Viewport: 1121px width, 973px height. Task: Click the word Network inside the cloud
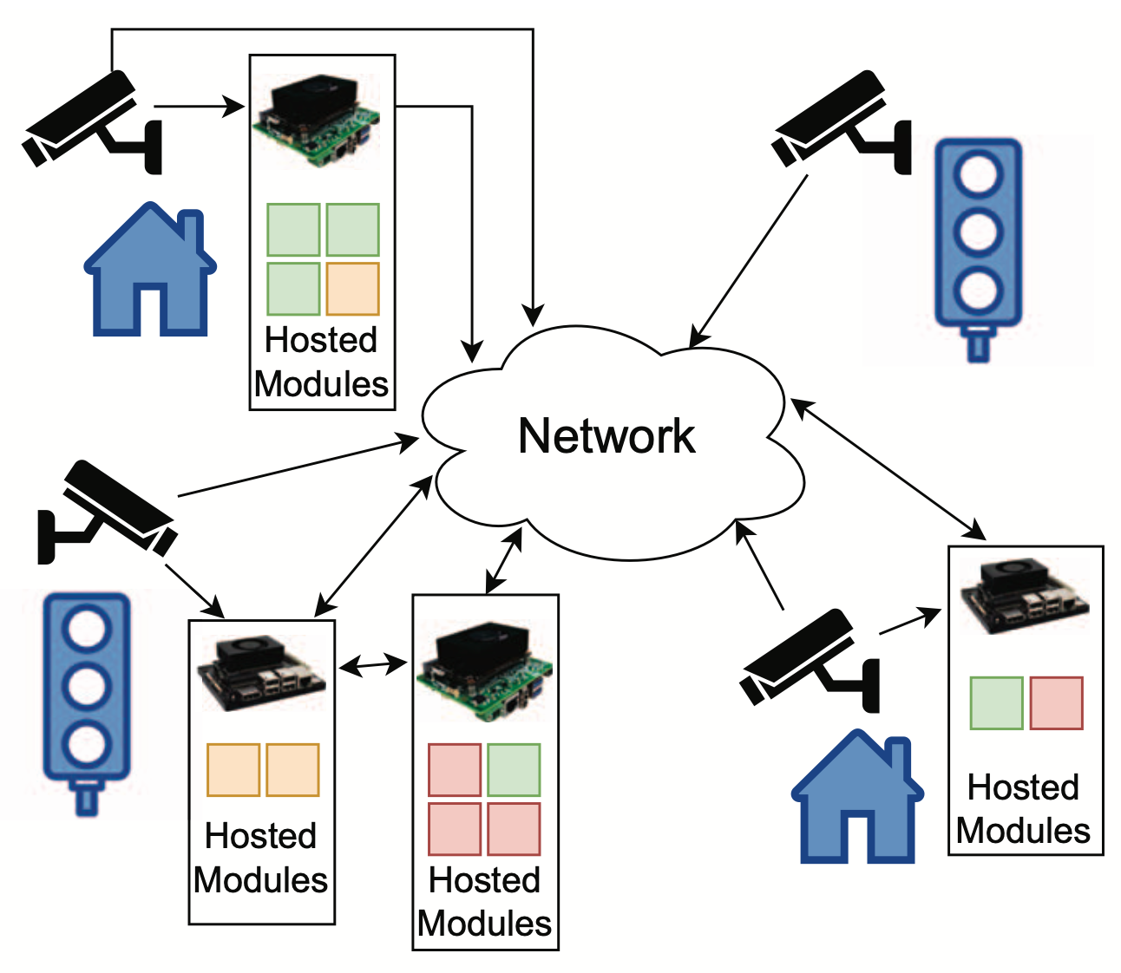[606, 435]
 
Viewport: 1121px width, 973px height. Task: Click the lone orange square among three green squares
[352, 289]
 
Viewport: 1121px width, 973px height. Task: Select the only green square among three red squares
[514, 769]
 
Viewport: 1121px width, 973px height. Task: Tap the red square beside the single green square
[1056, 702]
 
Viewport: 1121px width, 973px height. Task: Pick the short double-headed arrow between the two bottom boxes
[373, 666]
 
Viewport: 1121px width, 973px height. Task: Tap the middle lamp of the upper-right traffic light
[978, 232]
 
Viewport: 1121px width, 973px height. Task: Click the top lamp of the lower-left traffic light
[87, 628]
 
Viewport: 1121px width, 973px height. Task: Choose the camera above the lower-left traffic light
[108, 509]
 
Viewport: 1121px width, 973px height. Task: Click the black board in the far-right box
[1024, 598]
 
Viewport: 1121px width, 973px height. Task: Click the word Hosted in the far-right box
[1023, 787]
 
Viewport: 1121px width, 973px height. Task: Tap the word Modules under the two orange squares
[261, 879]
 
